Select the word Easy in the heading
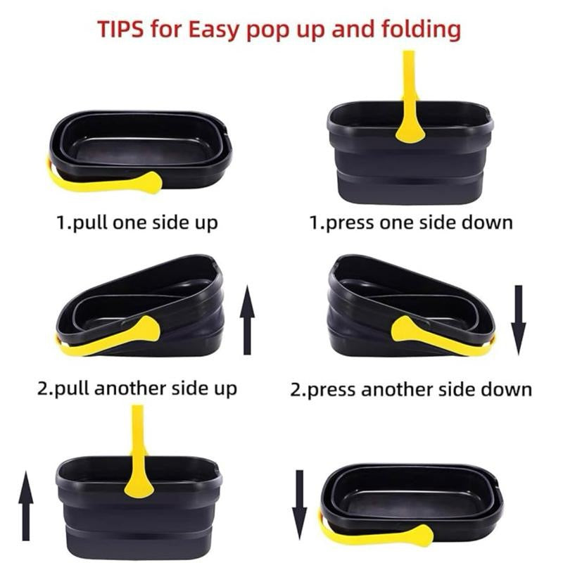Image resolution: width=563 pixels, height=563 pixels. pos(213,30)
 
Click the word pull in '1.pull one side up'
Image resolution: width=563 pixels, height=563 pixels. pos(90,222)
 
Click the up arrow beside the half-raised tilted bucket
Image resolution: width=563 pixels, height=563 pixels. pos(247,320)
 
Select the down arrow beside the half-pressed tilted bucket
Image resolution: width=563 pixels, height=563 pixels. pos(519,320)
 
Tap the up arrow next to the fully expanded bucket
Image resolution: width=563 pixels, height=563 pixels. pos(26,505)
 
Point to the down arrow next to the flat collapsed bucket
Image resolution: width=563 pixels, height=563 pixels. pos(300,505)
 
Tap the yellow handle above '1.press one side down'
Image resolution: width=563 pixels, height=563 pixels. pos(410,97)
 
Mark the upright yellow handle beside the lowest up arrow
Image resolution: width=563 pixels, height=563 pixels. pos(139,452)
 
